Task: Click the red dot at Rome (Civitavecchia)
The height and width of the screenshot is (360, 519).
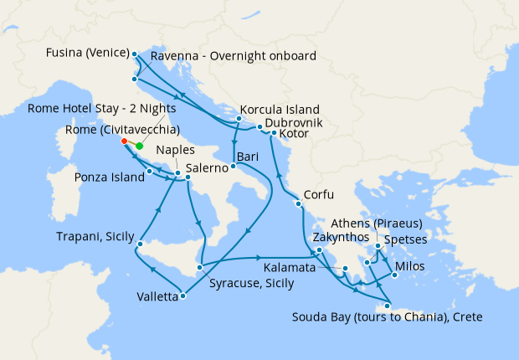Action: (x=125, y=141)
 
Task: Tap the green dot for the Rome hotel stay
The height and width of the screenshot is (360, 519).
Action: (x=139, y=147)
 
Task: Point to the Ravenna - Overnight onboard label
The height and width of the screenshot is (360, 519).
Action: (x=234, y=57)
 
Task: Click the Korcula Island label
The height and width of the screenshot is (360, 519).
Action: (x=280, y=110)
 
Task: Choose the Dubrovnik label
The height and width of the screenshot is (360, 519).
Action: (x=295, y=123)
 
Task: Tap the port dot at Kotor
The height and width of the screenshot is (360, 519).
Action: (x=273, y=132)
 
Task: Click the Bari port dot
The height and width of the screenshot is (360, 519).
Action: (x=234, y=166)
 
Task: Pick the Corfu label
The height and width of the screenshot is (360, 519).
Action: (x=318, y=195)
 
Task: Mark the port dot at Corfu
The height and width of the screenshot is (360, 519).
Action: (x=297, y=204)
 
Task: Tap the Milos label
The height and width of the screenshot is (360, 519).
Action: (x=410, y=266)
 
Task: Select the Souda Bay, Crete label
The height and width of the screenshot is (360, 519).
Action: (x=388, y=317)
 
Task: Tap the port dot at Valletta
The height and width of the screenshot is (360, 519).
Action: (x=182, y=294)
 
